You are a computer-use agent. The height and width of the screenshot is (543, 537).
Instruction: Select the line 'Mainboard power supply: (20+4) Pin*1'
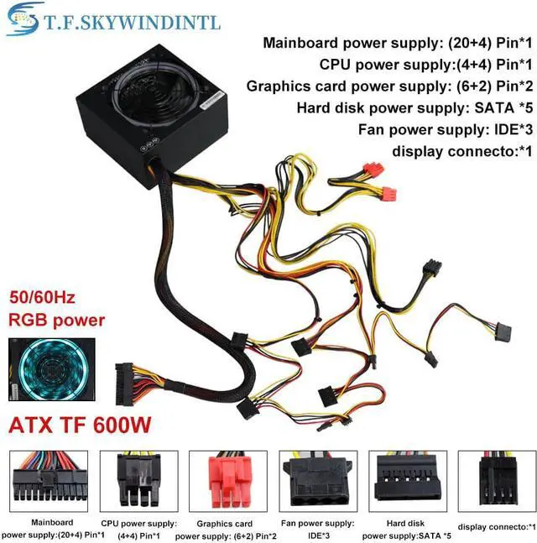click(398, 43)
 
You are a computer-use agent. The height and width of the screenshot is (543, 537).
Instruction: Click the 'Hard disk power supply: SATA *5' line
click(414, 108)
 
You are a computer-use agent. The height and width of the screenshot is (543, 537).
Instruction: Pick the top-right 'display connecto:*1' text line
click(461, 151)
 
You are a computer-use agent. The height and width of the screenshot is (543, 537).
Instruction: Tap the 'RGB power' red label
click(56, 320)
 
